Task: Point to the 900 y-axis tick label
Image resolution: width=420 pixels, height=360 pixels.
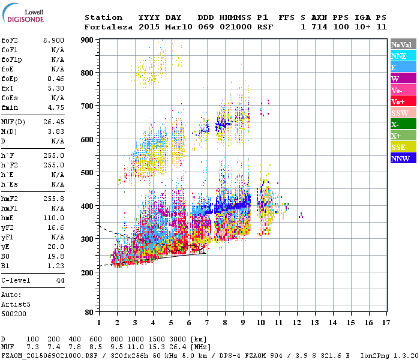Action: [x=88, y=40]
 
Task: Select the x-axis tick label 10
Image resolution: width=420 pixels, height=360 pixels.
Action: [x=261, y=323]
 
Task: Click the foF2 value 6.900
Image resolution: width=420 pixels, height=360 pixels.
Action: [x=53, y=40]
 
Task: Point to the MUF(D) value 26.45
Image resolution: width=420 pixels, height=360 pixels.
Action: [x=53, y=122]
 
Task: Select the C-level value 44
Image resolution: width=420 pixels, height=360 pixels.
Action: [x=60, y=280]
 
